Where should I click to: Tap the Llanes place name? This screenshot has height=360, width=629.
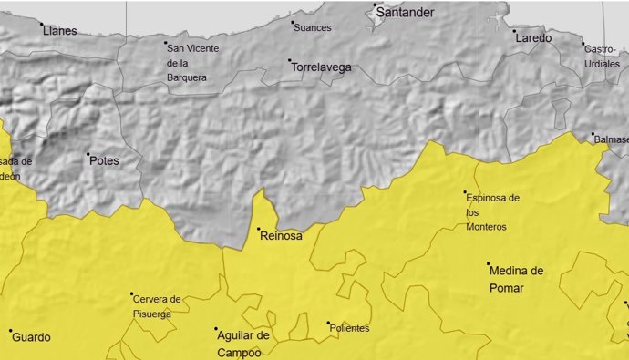[60, 31]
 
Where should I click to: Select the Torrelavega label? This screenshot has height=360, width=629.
[321, 67]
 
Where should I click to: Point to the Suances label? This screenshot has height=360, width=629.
[313, 27]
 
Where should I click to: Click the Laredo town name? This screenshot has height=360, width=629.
[533, 38]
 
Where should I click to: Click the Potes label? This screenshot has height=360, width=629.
[104, 161]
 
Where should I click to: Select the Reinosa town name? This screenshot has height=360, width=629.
[281, 235]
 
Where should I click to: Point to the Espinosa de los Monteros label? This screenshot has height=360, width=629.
[491, 211]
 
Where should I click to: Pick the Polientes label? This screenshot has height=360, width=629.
[351, 328]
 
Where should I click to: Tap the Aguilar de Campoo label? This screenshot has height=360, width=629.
[243, 343]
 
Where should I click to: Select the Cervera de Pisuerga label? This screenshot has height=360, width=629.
[157, 306]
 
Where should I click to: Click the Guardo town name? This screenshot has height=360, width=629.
[32, 337]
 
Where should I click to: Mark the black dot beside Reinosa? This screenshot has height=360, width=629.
[258, 229]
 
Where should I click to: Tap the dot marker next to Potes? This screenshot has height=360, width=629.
[88, 154]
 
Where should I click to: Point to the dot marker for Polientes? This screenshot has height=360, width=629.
[328, 323]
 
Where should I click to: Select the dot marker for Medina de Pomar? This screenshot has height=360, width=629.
[488, 263]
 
